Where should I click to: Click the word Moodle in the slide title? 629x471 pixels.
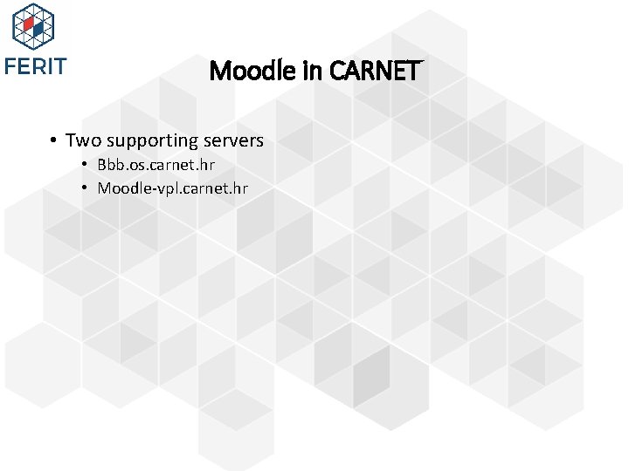[x=247, y=70]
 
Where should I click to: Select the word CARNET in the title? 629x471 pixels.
[x=376, y=70]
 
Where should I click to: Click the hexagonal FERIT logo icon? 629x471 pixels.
[x=33, y=26]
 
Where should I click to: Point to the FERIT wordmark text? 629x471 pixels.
[x=35, y=66]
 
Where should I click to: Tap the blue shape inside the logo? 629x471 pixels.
[x=39, y=30]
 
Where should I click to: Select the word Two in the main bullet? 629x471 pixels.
[x=83, y=140]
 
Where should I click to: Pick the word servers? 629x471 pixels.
[x=233, y=140]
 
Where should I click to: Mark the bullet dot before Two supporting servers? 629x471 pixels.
[x=53, y=140]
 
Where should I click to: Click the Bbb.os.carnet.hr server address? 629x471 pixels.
[x=156, y=165]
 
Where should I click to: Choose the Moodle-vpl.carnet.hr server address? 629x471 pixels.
[x=172, y=188]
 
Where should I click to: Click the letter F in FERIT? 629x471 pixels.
[x=10, y=66]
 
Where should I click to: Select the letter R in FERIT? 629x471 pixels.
[x=37, y=66]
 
